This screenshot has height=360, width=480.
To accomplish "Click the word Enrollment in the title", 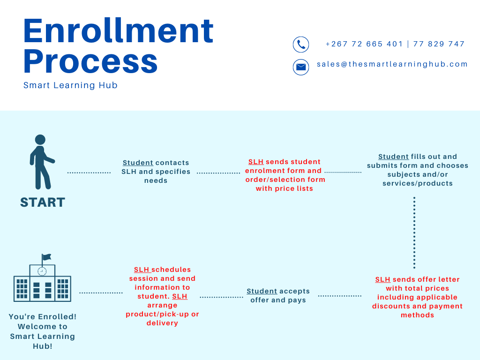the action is (x=118, y=30).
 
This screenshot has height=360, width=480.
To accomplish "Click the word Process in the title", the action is (x=90, y=61).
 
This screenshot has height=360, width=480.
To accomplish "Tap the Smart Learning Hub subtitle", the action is (x=70, y=85).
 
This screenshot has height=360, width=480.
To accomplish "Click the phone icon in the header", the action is (x=301, y=45).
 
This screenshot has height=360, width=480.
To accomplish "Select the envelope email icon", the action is (x=301, y=67).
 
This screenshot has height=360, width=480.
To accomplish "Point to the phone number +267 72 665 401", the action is (x=364, y=44).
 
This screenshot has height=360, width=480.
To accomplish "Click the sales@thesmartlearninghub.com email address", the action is (x=392, y=64).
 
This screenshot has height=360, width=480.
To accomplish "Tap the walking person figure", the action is (x=41, y=162).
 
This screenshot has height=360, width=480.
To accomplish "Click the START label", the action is (x=43, y=202).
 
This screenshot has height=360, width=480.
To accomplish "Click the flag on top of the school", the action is (x=46, y=257).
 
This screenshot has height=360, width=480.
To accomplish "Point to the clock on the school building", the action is (x=42, y=271).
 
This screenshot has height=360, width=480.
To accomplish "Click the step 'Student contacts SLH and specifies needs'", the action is (x=156, y=172).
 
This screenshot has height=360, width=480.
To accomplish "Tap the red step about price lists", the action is (x=285, y=175).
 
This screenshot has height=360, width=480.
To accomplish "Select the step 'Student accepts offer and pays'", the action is (x=278, y=296).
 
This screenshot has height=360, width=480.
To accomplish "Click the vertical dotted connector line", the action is (x=414, y=232).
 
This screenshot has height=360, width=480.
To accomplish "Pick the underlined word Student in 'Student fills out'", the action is (x=393, y=157).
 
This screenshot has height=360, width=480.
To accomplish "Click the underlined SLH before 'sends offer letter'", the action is (x=382, y=279).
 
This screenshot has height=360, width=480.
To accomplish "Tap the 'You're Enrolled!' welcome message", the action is (x=43, y=331).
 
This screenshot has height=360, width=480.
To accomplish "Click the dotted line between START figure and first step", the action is (x=89, y=172).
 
